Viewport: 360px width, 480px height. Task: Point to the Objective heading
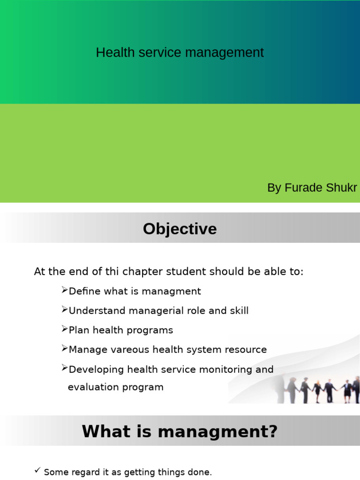click(180, 229)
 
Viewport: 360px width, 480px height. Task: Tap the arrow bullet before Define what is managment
click(64, 290)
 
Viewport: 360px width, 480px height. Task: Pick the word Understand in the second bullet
click(97, 311)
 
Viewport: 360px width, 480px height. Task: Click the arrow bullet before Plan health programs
click(64, 329)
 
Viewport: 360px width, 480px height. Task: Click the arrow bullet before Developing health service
click(64, 367)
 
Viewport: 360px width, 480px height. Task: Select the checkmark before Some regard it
click(37, 470)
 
